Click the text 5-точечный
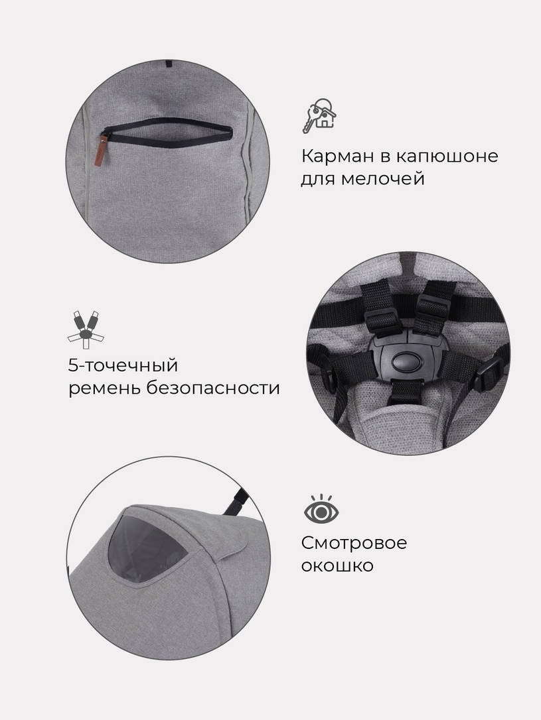pyautogui.click(x=123, y=365)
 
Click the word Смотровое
pyautogui.click(x=354, y=543)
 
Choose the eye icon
pyautogui.click(x=321, y=511)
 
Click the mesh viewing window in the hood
pyautogui.click(x=147, y=544)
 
